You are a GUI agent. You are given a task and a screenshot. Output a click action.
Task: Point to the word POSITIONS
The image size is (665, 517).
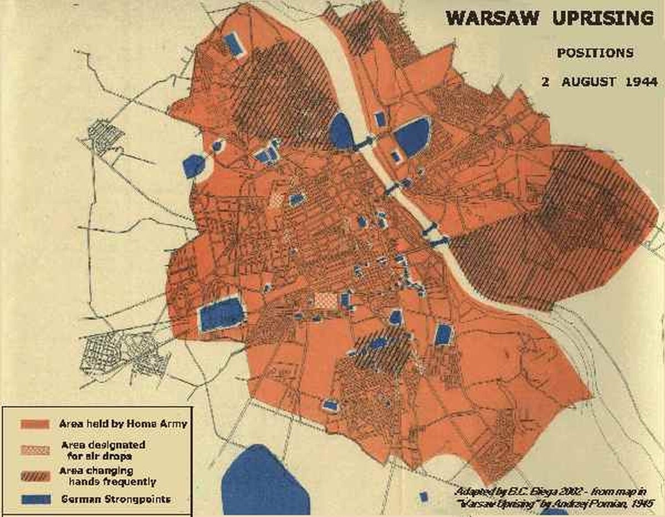[595, 53]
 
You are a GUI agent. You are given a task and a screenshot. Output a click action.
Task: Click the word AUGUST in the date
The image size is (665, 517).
[589, 82]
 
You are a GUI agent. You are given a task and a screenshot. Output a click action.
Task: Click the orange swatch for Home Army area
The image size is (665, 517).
[36, 425]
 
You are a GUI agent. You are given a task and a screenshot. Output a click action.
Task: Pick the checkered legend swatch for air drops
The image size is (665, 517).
[36, 450]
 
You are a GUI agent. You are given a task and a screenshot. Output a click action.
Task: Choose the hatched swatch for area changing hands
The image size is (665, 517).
[36, 475]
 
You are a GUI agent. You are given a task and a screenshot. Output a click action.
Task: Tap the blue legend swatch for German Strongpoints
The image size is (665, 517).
[36, 499]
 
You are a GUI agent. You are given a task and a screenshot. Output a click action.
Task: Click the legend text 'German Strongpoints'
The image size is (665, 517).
[115, 499]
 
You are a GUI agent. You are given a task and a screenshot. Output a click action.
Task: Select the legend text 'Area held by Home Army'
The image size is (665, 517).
[123, 424]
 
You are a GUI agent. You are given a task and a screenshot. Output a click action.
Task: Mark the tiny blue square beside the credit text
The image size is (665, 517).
[424, 496]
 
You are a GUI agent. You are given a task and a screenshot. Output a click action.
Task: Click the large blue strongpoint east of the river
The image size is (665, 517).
[411, 136]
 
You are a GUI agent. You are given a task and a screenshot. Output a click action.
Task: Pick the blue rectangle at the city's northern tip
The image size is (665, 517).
[234, 45]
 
